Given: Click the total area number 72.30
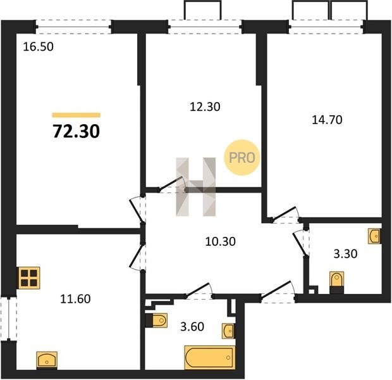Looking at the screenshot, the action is pyautogui.click(x=77, y=132).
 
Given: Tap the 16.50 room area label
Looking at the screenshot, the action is pyautogui.click(x=38, y=47).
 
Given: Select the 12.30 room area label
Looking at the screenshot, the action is pyautogui.click(x=205, y=107).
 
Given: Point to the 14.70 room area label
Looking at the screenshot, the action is pyautogui.click(x=328, y=120).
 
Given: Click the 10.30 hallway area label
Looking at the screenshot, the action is pyautogui.click(x=220, y=242).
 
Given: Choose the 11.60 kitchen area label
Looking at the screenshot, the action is pyautogui.click(x=75, y=299).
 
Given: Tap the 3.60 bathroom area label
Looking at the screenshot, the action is pyautogui.click(x=192, y=327).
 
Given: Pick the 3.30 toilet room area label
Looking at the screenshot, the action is pyautogui.click(x=345, y=254).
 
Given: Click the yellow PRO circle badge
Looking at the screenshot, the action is pyautogui.click(x=242, y=158).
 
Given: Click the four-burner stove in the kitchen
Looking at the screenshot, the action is pyautogui.click(x=29, y=278).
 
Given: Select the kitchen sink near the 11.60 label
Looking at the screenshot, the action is pyautogui.click(x=47, y=360).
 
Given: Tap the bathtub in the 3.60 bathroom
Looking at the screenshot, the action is pyautogui.click(x=210, y=357).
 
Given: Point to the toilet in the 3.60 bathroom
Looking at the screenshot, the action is pyautogui.click(x=156, y=320).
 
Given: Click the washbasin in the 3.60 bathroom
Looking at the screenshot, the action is pyautogui.click(x=228, y=331).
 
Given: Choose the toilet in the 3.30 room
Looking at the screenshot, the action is pyautogui.click(x=337, y=282).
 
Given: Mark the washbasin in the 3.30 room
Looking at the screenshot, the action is pyautogui.click(x=374, y=236).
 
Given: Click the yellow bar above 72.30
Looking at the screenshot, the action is pyautogui.click(x=77, y=115).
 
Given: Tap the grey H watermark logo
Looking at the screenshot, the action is pyautogui.click(x=196, y=187).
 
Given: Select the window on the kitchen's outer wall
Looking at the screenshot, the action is pyautogui.click(x=8, y=319).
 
